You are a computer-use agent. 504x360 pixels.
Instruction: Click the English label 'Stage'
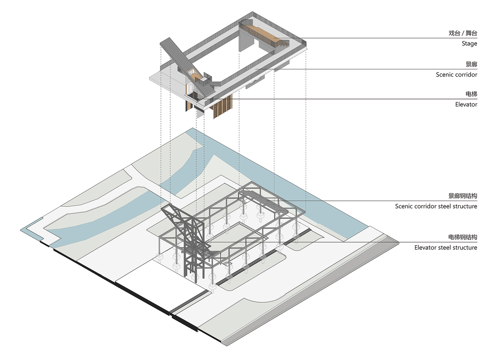click(x=469, y=44)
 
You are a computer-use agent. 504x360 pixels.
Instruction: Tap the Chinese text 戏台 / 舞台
click(x=463, y=33)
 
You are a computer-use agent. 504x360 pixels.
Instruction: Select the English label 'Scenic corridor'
click(x=456, y=75)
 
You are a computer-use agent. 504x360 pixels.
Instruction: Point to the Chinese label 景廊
click(x=471, y=64)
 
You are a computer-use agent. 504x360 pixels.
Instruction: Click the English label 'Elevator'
click(x=466, y=104)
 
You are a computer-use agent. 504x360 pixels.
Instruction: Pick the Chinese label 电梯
click(x=471, y=94)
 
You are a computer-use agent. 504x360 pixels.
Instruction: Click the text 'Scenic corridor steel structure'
click(x=436, y=206)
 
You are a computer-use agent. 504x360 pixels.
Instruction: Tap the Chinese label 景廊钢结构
click(x=463, y=196)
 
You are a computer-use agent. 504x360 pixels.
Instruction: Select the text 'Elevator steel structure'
click(x=446, y=248)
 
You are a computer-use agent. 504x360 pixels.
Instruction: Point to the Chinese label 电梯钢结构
click(x=463, y=237)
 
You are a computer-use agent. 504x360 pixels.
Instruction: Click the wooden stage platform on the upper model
click(x=267, y=34)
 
